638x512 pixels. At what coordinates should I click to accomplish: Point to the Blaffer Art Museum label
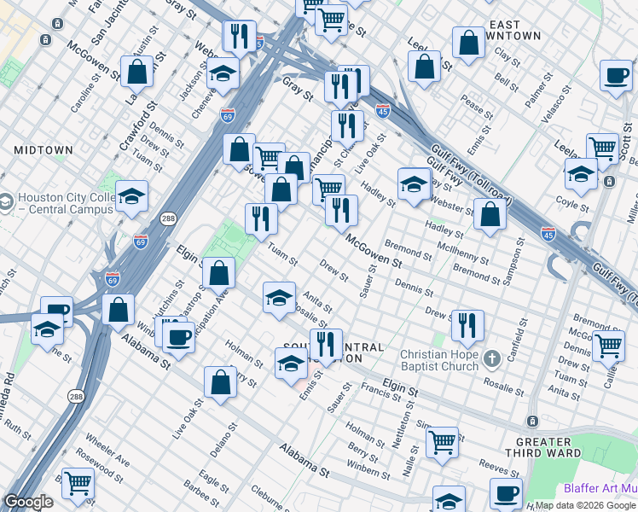point(600,489)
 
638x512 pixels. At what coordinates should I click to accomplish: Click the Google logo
point(27,502)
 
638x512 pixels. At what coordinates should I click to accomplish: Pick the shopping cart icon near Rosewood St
point(78,483)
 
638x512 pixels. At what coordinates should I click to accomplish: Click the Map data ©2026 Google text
point(585,505)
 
